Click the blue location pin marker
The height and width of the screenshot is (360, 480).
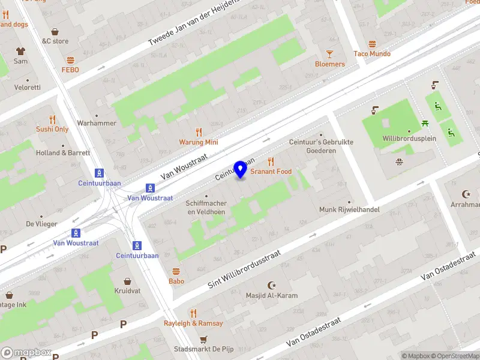coord(241,170)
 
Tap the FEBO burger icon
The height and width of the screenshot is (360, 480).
coord(70,60)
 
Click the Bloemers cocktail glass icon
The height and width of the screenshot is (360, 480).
coord(330,54)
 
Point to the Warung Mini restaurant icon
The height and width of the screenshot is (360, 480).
coord(199,132)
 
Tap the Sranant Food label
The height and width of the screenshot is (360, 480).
coord(271,172)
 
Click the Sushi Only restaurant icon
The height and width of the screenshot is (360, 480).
coord(52,119)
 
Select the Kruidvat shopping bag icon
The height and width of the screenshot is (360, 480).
coord(127,281)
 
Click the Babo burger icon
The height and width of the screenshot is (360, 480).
coord(176,271)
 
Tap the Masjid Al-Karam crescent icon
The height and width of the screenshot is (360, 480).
coord(272,286)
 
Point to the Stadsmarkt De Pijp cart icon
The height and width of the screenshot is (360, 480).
coord(203,338)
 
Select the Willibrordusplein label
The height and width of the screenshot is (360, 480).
coord(410,139)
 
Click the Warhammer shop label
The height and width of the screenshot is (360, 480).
coord(96,123)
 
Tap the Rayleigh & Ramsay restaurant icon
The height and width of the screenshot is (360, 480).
coord(193,313)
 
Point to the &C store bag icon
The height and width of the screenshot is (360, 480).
coord(55,31)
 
